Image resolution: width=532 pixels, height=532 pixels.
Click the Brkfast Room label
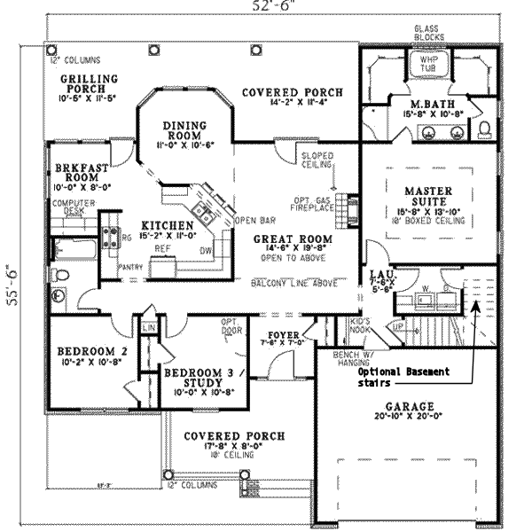coord(81,171)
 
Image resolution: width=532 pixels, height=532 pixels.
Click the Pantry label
coord(131,266)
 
